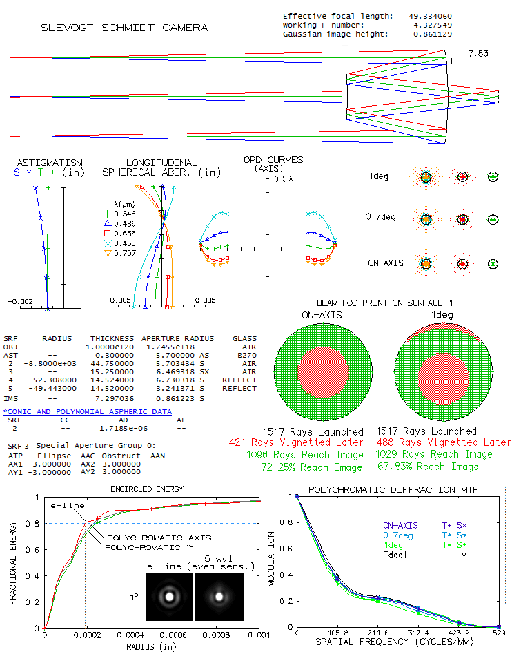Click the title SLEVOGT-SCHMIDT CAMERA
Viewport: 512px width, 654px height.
[x=124, y=28]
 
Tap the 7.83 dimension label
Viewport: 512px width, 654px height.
[x=477, y=53]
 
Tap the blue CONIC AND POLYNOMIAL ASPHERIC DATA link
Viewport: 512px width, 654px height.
[x=88, y=411]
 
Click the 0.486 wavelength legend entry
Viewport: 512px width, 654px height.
[x=125, y=224]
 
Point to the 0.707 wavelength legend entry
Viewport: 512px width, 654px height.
[x=125, y=254]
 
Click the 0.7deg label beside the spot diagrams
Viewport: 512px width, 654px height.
[x=379, y=218]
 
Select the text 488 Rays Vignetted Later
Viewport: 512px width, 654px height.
[x=444, y=442]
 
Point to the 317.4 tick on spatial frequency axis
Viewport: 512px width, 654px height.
[x=418, y=633]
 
